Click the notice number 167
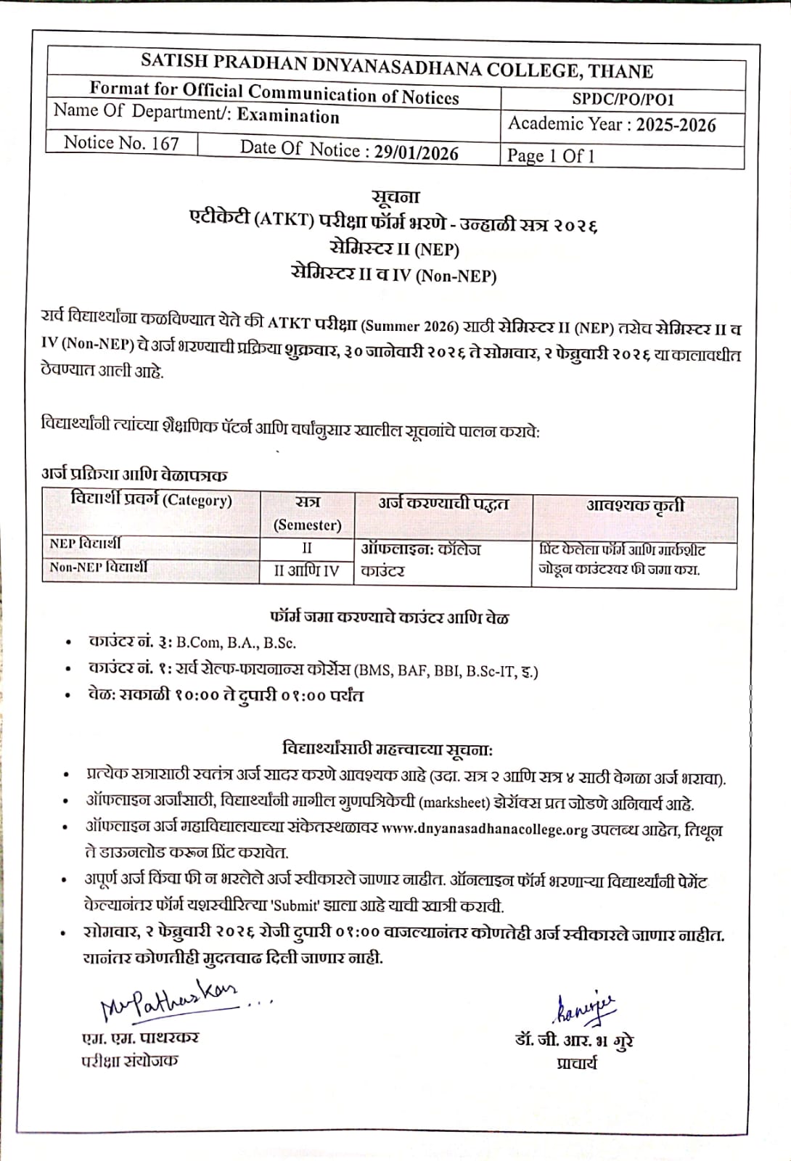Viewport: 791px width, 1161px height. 165,143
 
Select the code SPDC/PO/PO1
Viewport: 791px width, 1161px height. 623,99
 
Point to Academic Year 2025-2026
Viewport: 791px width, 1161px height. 675,125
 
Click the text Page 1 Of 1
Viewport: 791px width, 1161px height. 551,156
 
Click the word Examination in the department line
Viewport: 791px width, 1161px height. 288,116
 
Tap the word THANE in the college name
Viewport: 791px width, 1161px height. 620,71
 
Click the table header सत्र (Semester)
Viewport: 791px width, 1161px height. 307,513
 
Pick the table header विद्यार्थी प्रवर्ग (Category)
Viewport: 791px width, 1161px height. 151,500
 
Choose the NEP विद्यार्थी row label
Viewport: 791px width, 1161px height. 85,543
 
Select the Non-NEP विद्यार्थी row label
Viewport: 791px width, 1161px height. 98,567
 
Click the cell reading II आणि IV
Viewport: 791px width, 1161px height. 306,571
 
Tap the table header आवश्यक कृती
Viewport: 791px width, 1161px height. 634,505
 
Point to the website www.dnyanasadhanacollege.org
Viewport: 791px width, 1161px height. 484,829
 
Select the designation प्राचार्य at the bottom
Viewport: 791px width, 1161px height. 577,1064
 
